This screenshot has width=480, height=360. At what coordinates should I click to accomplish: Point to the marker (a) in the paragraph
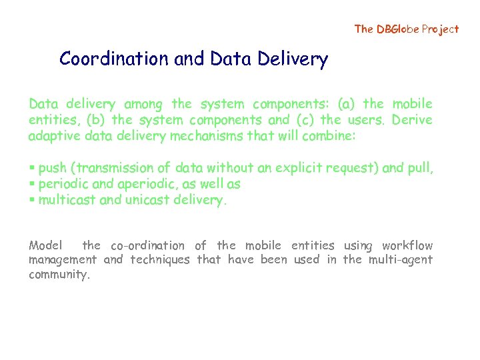(350, 104)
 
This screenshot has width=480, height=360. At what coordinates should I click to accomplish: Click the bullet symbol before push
(32, 169)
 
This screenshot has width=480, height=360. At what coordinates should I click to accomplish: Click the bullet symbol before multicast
(32, 200)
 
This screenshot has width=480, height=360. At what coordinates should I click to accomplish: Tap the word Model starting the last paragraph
(45, 246)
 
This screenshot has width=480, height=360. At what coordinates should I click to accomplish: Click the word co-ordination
(147, 246)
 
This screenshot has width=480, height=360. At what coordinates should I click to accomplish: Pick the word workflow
(407, 246)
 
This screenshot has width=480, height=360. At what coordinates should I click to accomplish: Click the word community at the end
(59, 274)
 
